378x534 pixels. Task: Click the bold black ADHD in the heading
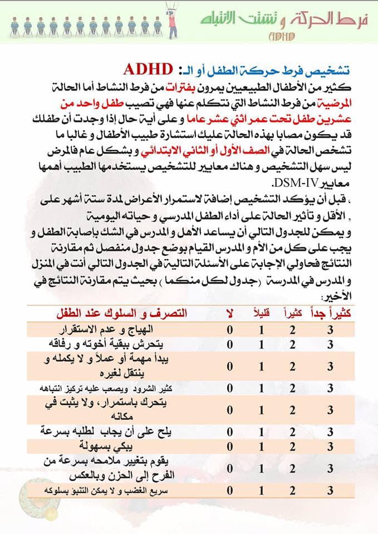click(148, 69)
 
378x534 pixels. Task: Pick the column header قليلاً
click(262, 313)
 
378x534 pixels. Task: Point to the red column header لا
click(229, 313)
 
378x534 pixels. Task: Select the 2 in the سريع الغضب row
click(292, 490)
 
